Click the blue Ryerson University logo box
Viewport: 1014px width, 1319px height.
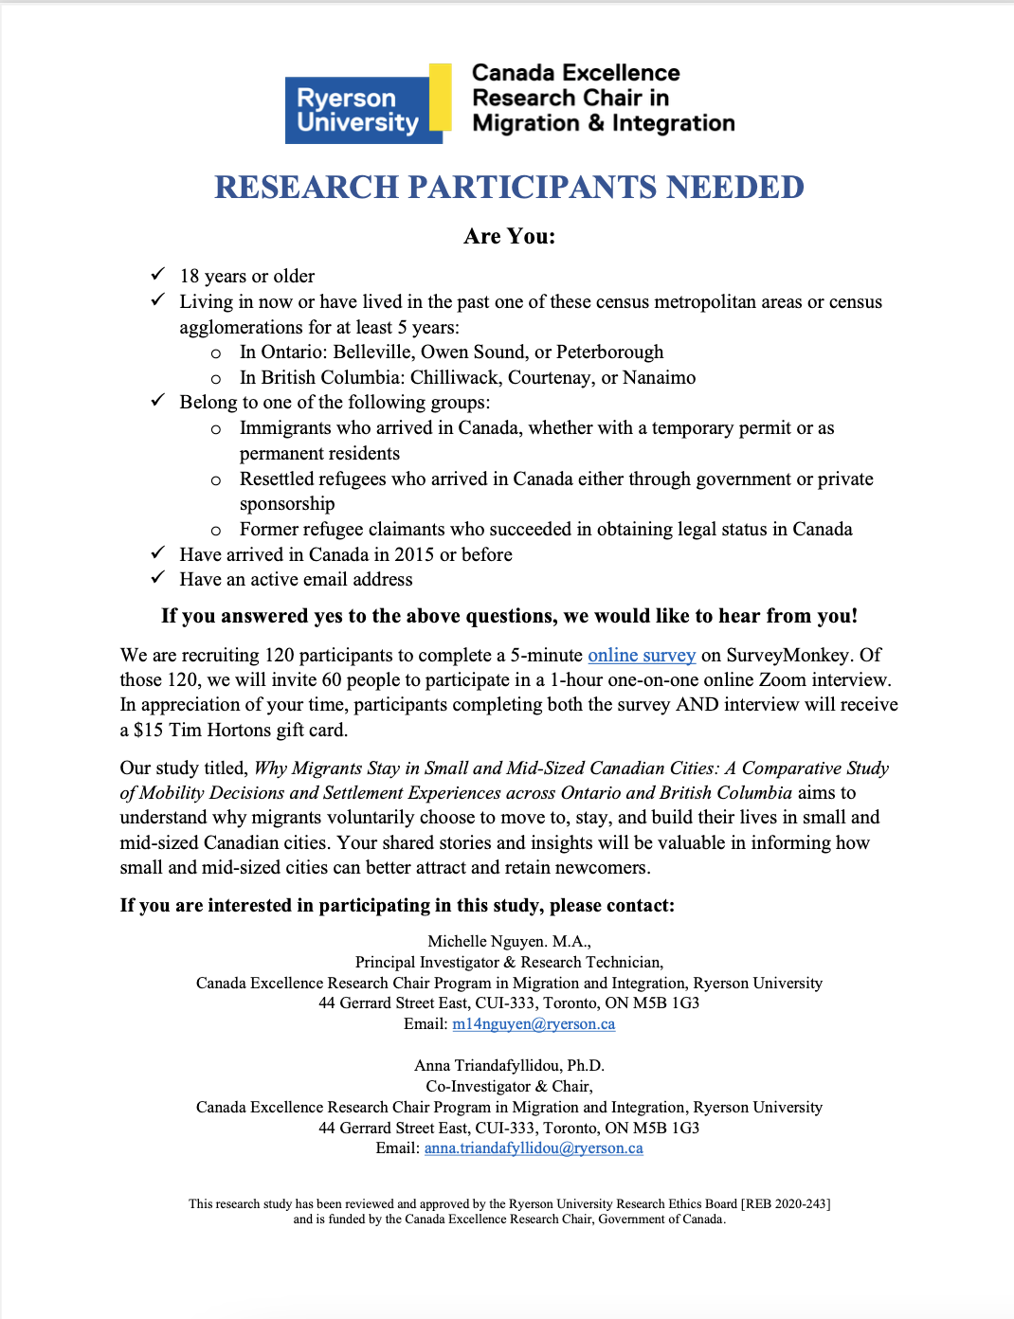click(357, 110)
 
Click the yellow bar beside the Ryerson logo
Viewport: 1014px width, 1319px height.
click(440, 97)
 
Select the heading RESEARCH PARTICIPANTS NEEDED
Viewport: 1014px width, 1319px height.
click(509, 188)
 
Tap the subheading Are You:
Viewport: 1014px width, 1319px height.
click(509, 237)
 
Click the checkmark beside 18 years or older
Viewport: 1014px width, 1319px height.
click(158, 275)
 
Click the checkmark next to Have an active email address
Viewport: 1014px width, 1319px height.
click(158, 578)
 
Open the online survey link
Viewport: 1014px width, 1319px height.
click(642, 656)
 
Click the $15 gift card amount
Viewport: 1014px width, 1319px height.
click(149, 731)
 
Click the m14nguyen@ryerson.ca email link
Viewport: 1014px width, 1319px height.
click(534, 1024)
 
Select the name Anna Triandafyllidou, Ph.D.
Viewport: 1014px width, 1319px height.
click(509, 1066)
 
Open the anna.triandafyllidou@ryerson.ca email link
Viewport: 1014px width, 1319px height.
click(534, 1148)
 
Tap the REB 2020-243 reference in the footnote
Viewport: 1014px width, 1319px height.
click(786, 1204)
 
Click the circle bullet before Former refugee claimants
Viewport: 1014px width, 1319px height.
click(216, 531)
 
